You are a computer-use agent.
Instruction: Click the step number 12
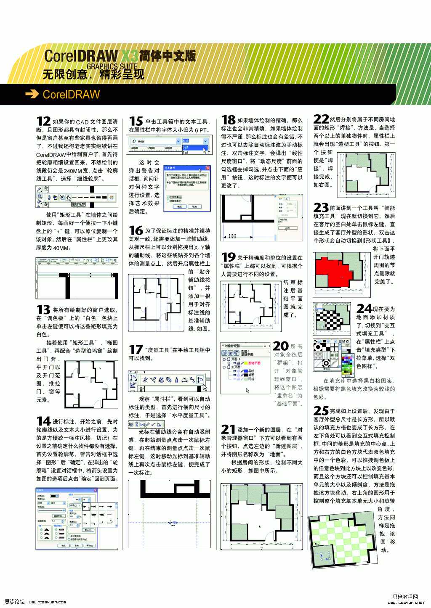point(43,121)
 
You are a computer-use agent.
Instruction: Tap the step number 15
point(136,121)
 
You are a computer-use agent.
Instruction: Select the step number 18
point(228,120)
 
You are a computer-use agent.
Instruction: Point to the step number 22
point(321,119)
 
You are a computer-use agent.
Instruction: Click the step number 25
point(321,410)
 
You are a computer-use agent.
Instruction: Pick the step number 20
point(280,346)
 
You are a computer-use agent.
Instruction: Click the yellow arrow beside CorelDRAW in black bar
point(32,94)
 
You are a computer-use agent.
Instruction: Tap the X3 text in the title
point(129,55)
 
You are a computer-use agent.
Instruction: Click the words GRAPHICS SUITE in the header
point(112,66)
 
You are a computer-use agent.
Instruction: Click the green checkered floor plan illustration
point(343,542)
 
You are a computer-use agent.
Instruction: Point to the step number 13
point(43,310)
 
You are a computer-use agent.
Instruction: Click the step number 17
point(136,349)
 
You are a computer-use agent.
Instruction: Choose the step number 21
point(228,429)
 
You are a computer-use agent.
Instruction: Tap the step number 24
point(364,309)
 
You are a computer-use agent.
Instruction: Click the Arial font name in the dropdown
point(141,141)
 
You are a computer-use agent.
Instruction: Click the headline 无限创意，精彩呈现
point(93,74)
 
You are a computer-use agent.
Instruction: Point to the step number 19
point(228,257)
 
